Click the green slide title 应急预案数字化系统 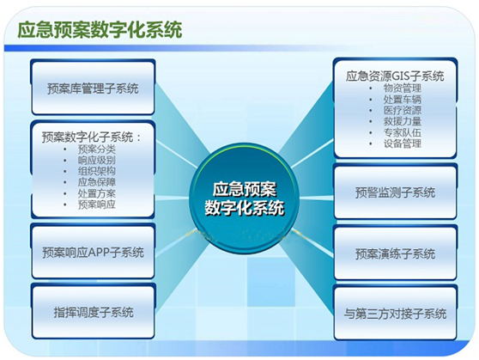point(100,30)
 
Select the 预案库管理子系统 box point(94,88)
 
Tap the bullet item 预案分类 point(97,149)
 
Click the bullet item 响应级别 point(97,161)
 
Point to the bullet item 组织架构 point(97,171)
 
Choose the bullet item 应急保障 point(97,182)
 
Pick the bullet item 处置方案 point(97,193)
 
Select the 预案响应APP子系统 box point(94,252)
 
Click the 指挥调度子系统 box point(94,312)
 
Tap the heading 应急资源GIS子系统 point(395,76)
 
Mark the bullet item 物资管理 point(403,88)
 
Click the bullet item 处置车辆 point(403,100)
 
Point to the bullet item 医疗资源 point(403,111)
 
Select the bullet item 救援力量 point(403,121)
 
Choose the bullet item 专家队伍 point(403,132)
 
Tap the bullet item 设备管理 point(403,143)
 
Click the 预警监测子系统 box point(396,192)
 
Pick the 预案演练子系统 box point(396,253)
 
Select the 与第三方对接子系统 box point(396,313)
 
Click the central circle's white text point(245,198)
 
